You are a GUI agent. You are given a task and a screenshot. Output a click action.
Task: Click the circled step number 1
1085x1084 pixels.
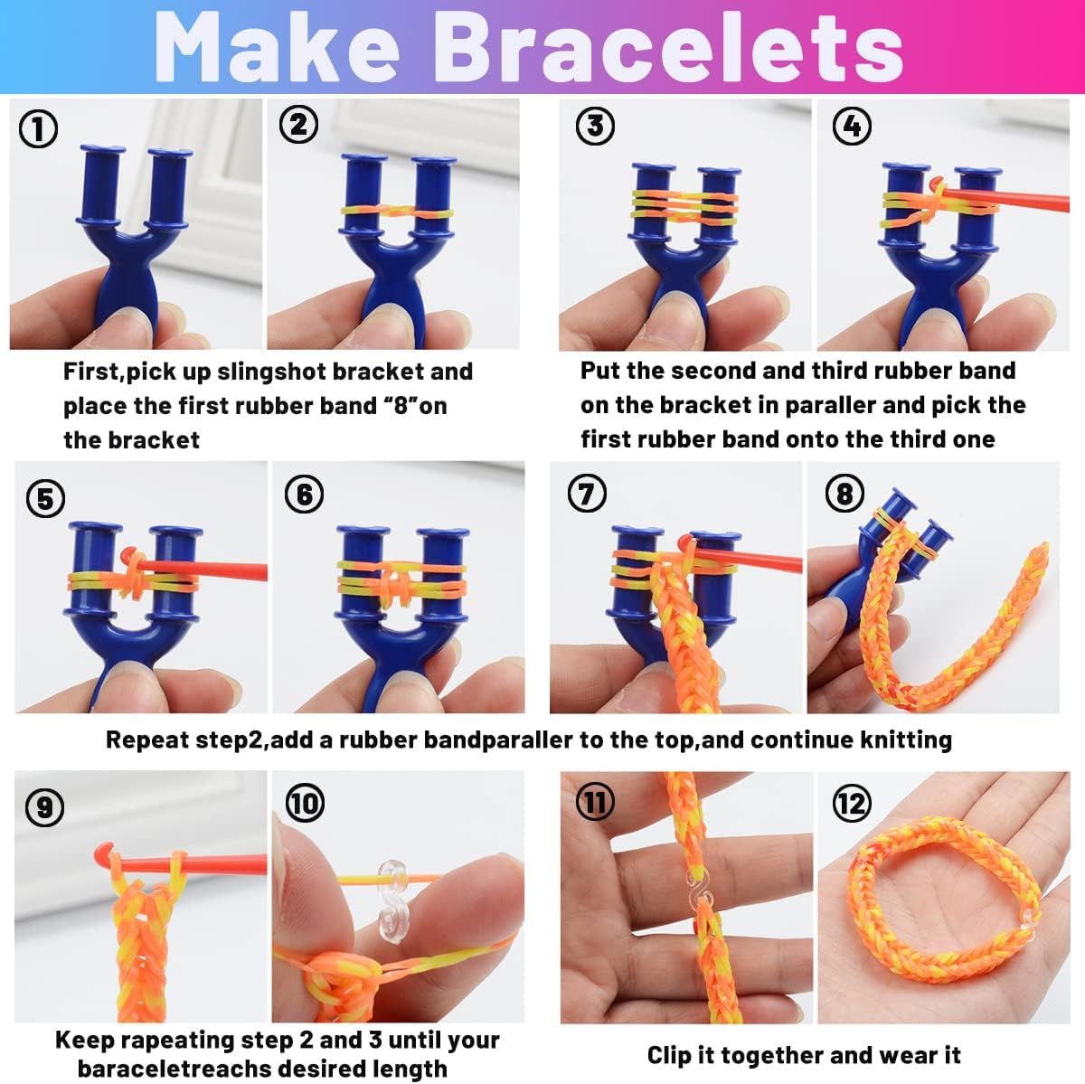38,128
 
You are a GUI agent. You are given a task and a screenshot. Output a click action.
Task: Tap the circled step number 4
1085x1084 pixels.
852,126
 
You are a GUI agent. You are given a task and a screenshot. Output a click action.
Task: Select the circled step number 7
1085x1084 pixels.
587,494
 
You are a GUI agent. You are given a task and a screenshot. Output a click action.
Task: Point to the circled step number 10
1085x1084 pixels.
305,803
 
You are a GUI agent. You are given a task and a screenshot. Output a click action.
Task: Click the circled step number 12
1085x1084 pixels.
852,803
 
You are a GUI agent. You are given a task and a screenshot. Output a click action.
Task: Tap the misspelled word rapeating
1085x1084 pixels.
186,1041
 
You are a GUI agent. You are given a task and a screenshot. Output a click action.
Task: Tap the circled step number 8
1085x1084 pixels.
844,494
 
